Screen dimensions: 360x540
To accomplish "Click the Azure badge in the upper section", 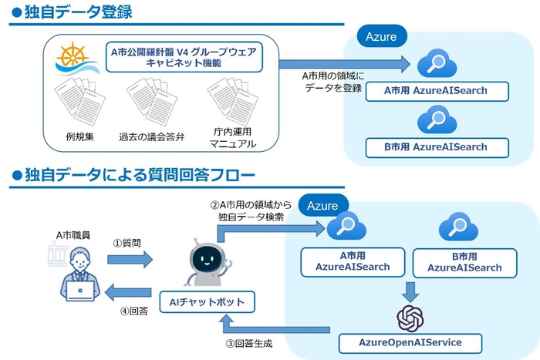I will [x=382, y=36].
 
